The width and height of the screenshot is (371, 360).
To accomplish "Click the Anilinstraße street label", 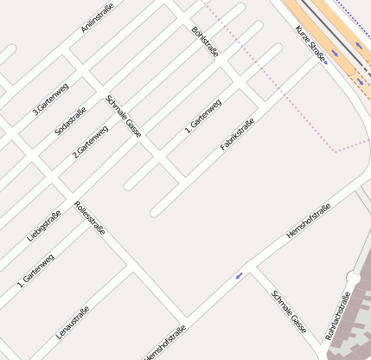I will [x=97, y=17].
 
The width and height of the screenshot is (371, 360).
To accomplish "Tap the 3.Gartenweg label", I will [x=51, y=99].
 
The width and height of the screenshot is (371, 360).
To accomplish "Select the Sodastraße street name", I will [x=71, y=119].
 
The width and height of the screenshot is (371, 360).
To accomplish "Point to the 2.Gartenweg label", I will [x=90, y=141].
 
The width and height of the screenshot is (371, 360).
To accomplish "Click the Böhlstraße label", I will [x=205, y=42].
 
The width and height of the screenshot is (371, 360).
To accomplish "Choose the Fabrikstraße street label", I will [x=237, y=134].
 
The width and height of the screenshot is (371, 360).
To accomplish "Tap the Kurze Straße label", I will [x=310, y=44].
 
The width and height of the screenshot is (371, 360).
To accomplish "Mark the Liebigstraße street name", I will [x=44, y=225].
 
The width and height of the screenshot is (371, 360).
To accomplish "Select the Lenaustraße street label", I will [x=73, y=323].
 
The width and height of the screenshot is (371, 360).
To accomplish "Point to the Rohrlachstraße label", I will [x=337, y=316].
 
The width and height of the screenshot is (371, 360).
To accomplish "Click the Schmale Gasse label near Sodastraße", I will [x=123, y=116].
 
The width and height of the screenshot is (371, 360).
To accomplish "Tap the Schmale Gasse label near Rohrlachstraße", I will [x=289, y=312].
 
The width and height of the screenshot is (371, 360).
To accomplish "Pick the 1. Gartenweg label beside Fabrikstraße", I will [x=203, y=116].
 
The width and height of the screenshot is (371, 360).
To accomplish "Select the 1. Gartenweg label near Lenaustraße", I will [x=35, y=270].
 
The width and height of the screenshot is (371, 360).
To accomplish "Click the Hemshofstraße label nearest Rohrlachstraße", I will [x=309, y=221].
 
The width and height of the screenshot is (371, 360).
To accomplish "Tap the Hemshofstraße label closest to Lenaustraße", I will [x=164, y=343].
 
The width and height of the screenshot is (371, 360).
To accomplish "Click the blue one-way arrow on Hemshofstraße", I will [x=239, y=276].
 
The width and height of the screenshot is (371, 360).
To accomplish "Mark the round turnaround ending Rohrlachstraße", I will [x=353, y=279].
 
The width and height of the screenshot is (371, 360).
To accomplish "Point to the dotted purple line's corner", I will [x=335, y=151].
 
